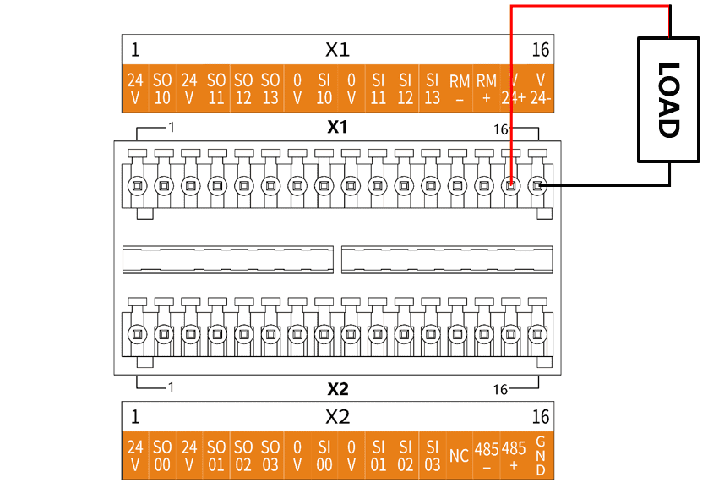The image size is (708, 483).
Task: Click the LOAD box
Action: [x=669, y=100]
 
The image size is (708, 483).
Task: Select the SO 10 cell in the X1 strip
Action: [x=162, y=89]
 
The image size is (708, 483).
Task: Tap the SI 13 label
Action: [x=432, y=89]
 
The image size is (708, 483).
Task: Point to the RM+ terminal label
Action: [x=487, y=89]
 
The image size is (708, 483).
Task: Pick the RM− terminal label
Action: [x=460, y=89]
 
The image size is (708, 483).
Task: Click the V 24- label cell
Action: [x=541, y=89]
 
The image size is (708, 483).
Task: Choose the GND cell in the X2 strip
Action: [x=541, y=455]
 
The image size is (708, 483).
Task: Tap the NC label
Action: [x=460, y=455]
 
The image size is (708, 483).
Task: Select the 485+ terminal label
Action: [x=514, y=455]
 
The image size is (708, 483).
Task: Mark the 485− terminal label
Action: [x=487, y=455]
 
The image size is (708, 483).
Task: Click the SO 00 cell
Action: [x=162, y=455]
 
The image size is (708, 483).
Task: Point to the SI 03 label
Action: [x=432, y=455]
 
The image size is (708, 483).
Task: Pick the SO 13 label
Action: [x=270, y=89]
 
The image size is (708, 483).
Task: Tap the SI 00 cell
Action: [x=324, y=455]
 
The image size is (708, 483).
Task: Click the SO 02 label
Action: [x=243, y=455]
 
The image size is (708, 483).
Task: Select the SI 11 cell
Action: [x=378, y=89]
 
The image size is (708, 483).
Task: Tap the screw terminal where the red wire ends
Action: [x=510, y=185]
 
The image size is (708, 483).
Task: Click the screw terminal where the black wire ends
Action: [x=537, y=185]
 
